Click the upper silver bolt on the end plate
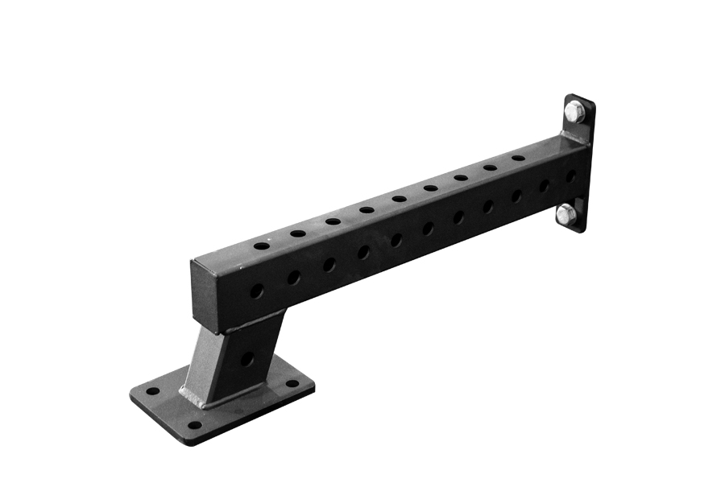point(574,112)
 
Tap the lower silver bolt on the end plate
point(566,214)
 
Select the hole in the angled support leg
point(247,358)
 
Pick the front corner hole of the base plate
point(193,424)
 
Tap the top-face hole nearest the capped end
point(261,245)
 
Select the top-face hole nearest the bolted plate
point(519,158)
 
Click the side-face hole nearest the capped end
point(256,291)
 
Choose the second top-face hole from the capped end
point(298,233)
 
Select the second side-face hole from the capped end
point(294,278)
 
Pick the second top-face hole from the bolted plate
point(490,167)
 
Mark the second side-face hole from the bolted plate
point(544,185)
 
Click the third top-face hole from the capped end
point(333,221)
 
